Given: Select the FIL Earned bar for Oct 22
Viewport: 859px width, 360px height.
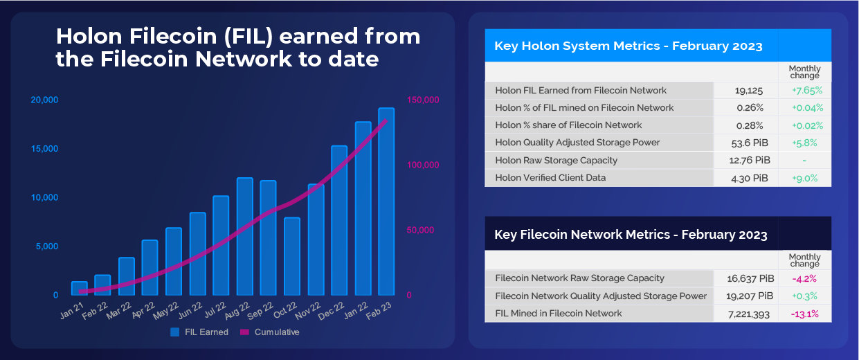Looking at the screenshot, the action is pos(292,256).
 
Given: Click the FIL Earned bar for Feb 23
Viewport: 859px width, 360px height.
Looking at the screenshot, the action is pos(386,201).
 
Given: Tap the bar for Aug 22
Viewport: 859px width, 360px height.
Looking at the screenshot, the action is pos(244,236).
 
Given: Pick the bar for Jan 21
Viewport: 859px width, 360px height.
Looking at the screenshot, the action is pos(80,288).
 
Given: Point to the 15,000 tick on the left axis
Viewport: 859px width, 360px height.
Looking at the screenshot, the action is pos(44,149).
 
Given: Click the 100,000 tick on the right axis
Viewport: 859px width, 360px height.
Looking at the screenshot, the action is pos(423,165).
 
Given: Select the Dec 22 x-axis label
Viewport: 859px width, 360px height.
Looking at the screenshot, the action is pos(332,311).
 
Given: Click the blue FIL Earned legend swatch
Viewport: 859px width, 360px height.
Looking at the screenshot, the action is pos(175,332).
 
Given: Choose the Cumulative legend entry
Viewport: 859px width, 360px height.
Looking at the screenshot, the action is pos(269,332).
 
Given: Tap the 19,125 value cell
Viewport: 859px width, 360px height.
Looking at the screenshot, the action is pos(748,91).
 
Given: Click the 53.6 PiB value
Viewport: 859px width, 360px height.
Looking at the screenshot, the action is pos(750,143).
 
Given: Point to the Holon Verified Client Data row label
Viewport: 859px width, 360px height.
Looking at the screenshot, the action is pos(550,178).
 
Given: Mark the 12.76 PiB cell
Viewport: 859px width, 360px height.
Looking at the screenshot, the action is pos(750,160).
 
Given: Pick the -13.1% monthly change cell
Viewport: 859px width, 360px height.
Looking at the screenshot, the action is pos(804,314).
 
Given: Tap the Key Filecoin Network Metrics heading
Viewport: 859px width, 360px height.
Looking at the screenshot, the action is pos(631,235).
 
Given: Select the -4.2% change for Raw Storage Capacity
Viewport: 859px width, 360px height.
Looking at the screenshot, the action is pos(804,279).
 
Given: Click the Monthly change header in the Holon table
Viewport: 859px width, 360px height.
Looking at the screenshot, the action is pos(804,72).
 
